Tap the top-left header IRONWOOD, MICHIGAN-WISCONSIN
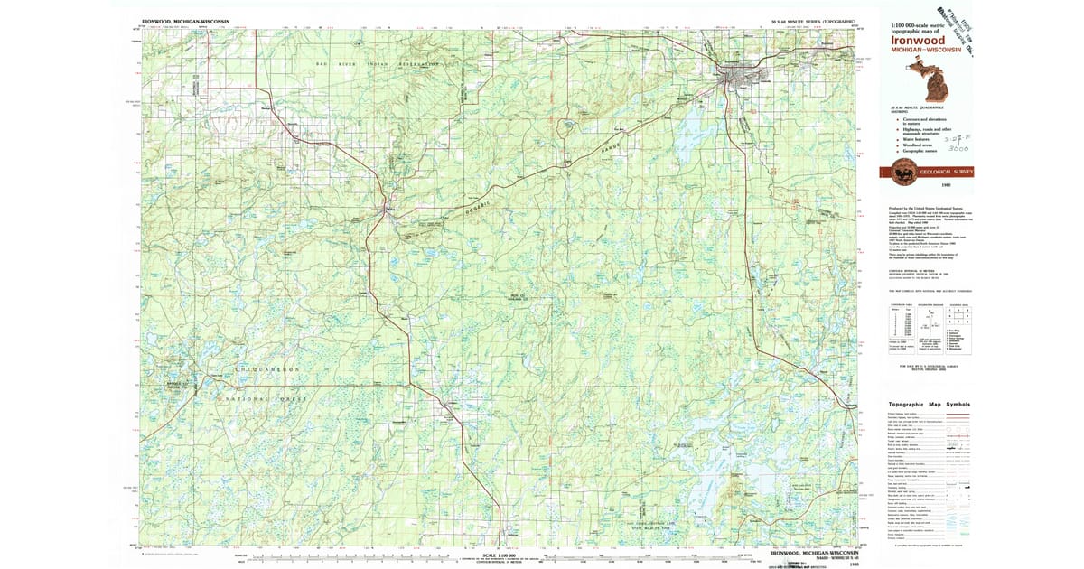[x=184, y=20]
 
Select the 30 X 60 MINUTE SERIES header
[x=808, y=20]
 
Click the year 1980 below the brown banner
[x=945, y=184]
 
